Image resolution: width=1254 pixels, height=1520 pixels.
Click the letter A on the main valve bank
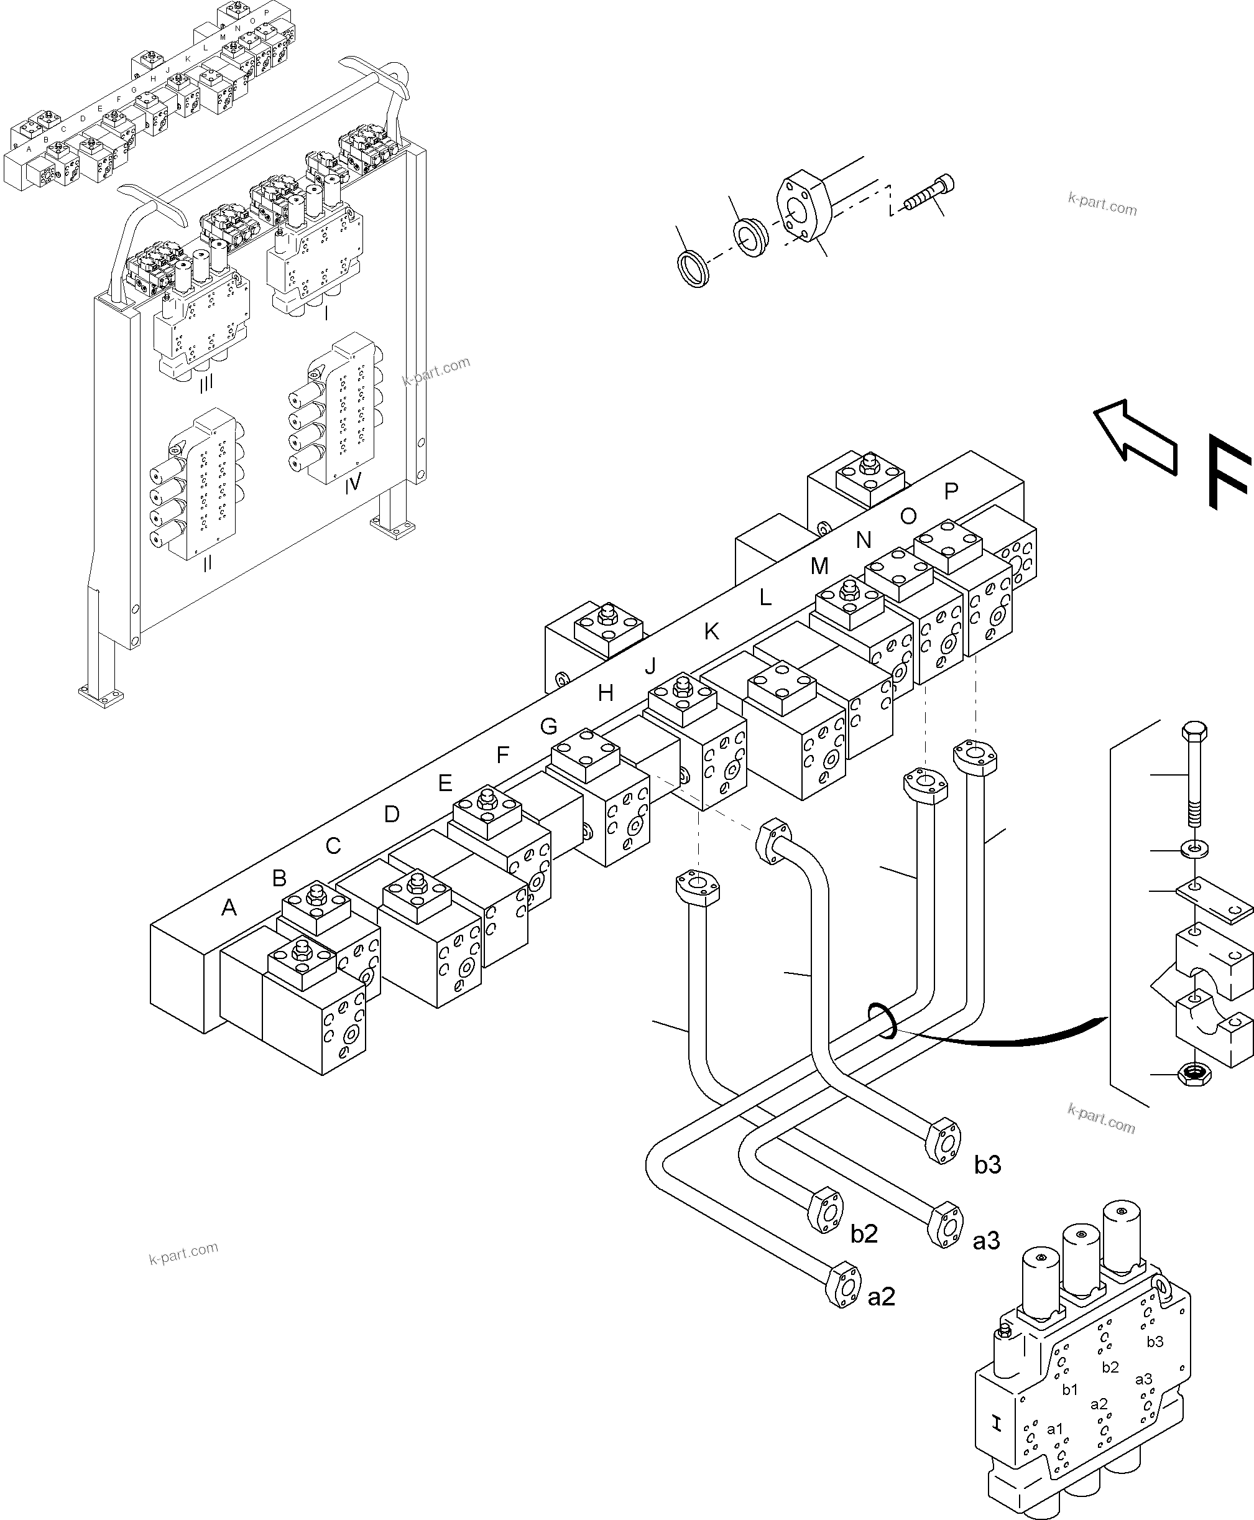229,908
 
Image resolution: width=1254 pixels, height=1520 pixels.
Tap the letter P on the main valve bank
951,491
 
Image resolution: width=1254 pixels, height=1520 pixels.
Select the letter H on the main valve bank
606,693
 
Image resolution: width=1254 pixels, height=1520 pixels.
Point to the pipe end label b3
987,1165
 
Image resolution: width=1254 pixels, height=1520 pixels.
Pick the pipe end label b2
864,1234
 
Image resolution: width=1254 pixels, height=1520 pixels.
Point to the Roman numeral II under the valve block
207,564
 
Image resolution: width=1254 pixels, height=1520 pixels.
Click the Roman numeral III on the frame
206,384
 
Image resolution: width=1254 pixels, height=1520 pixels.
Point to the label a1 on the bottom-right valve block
1054,1429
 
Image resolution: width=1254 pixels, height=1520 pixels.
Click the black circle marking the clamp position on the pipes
883,1021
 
